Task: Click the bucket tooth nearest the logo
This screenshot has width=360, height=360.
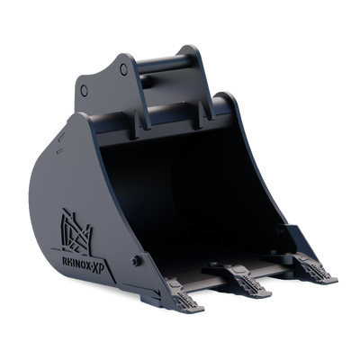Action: [184, 295]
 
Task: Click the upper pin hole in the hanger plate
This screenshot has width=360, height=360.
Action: [123, 69]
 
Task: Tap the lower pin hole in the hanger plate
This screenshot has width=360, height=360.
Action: [85, 90]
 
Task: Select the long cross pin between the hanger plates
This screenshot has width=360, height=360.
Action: [165, 64]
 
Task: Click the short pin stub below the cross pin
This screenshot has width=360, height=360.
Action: [146, 81]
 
